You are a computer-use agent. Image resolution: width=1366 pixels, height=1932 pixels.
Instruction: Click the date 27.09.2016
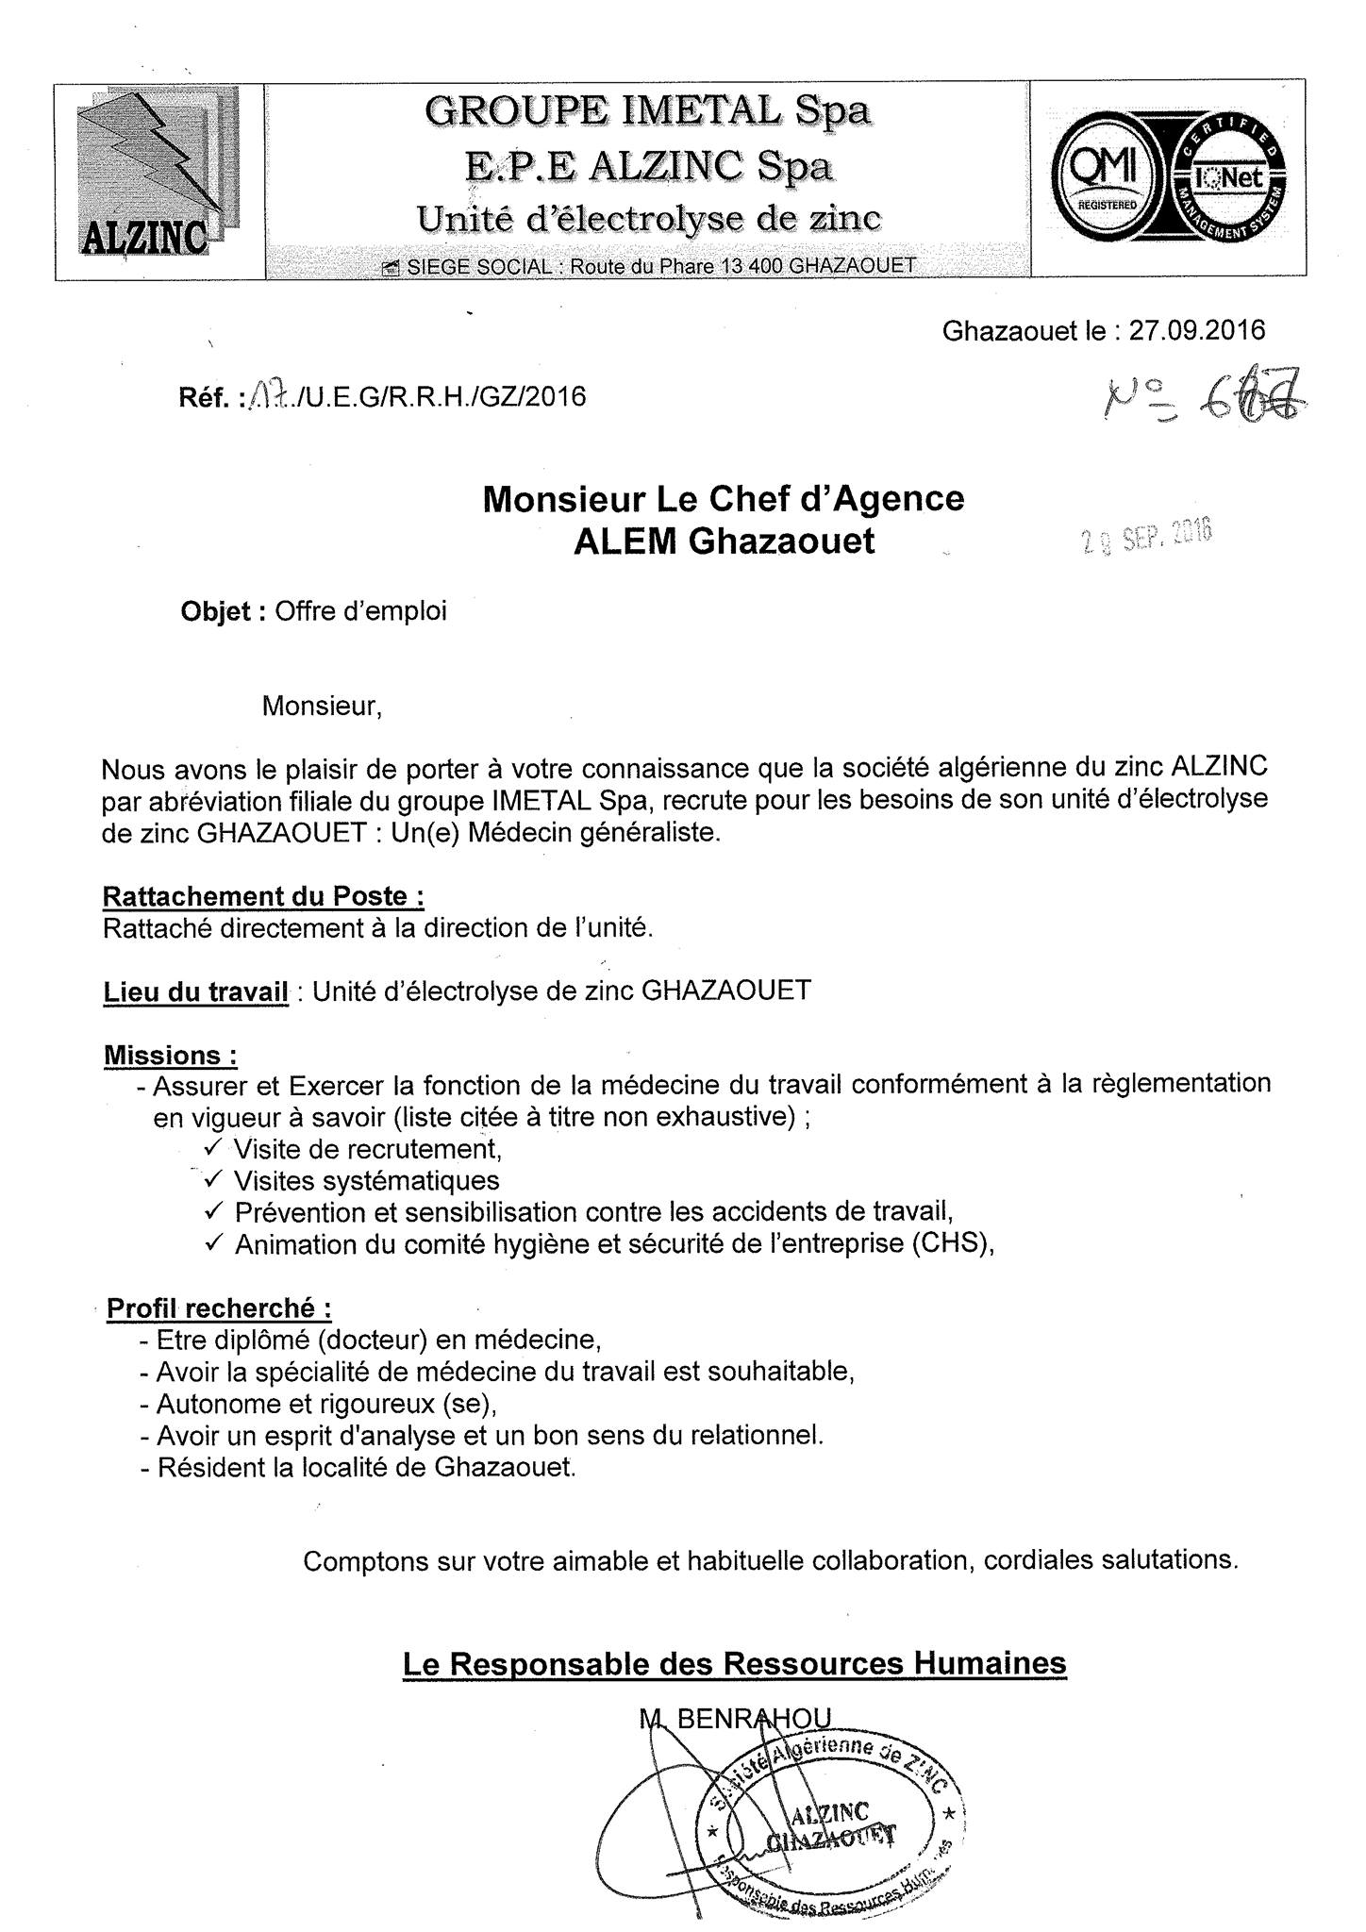(x=1197, y=330)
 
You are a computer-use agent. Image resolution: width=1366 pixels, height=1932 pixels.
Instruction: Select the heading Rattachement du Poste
(x=263, y=895)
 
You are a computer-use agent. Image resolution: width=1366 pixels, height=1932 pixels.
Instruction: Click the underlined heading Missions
(x=170, y=1055)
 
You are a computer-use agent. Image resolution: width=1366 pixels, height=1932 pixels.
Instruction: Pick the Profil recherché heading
(x=219, y=1308)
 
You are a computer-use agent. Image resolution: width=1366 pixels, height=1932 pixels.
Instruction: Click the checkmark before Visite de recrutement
(x=212, y=1147)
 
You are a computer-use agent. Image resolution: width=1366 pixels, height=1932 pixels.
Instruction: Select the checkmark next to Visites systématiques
(x=212, y=1179)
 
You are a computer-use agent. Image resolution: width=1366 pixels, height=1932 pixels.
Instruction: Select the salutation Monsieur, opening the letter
(x=322, y=707)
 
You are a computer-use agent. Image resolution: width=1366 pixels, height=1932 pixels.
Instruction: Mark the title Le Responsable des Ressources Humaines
(x=734, y=1662)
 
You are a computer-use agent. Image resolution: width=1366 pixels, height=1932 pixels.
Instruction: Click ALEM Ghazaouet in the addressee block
(x=724, y=541)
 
